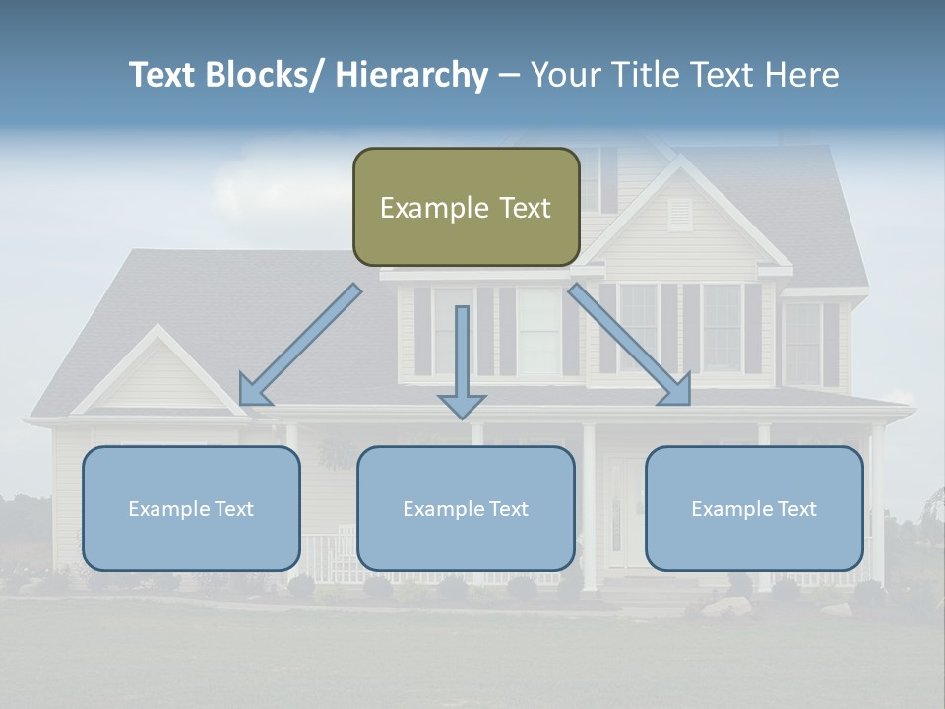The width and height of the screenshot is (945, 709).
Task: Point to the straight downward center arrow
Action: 462,359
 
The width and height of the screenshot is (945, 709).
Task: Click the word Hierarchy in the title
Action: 411,76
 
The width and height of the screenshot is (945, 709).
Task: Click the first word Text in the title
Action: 163,76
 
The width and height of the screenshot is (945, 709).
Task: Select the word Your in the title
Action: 566,76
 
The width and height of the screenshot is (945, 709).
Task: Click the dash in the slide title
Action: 509,76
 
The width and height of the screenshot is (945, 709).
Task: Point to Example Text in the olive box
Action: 466,208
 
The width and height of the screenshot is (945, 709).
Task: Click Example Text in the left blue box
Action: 191,509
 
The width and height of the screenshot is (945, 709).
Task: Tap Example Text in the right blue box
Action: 754,509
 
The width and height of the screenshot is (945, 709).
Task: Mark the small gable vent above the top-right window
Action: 680,214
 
